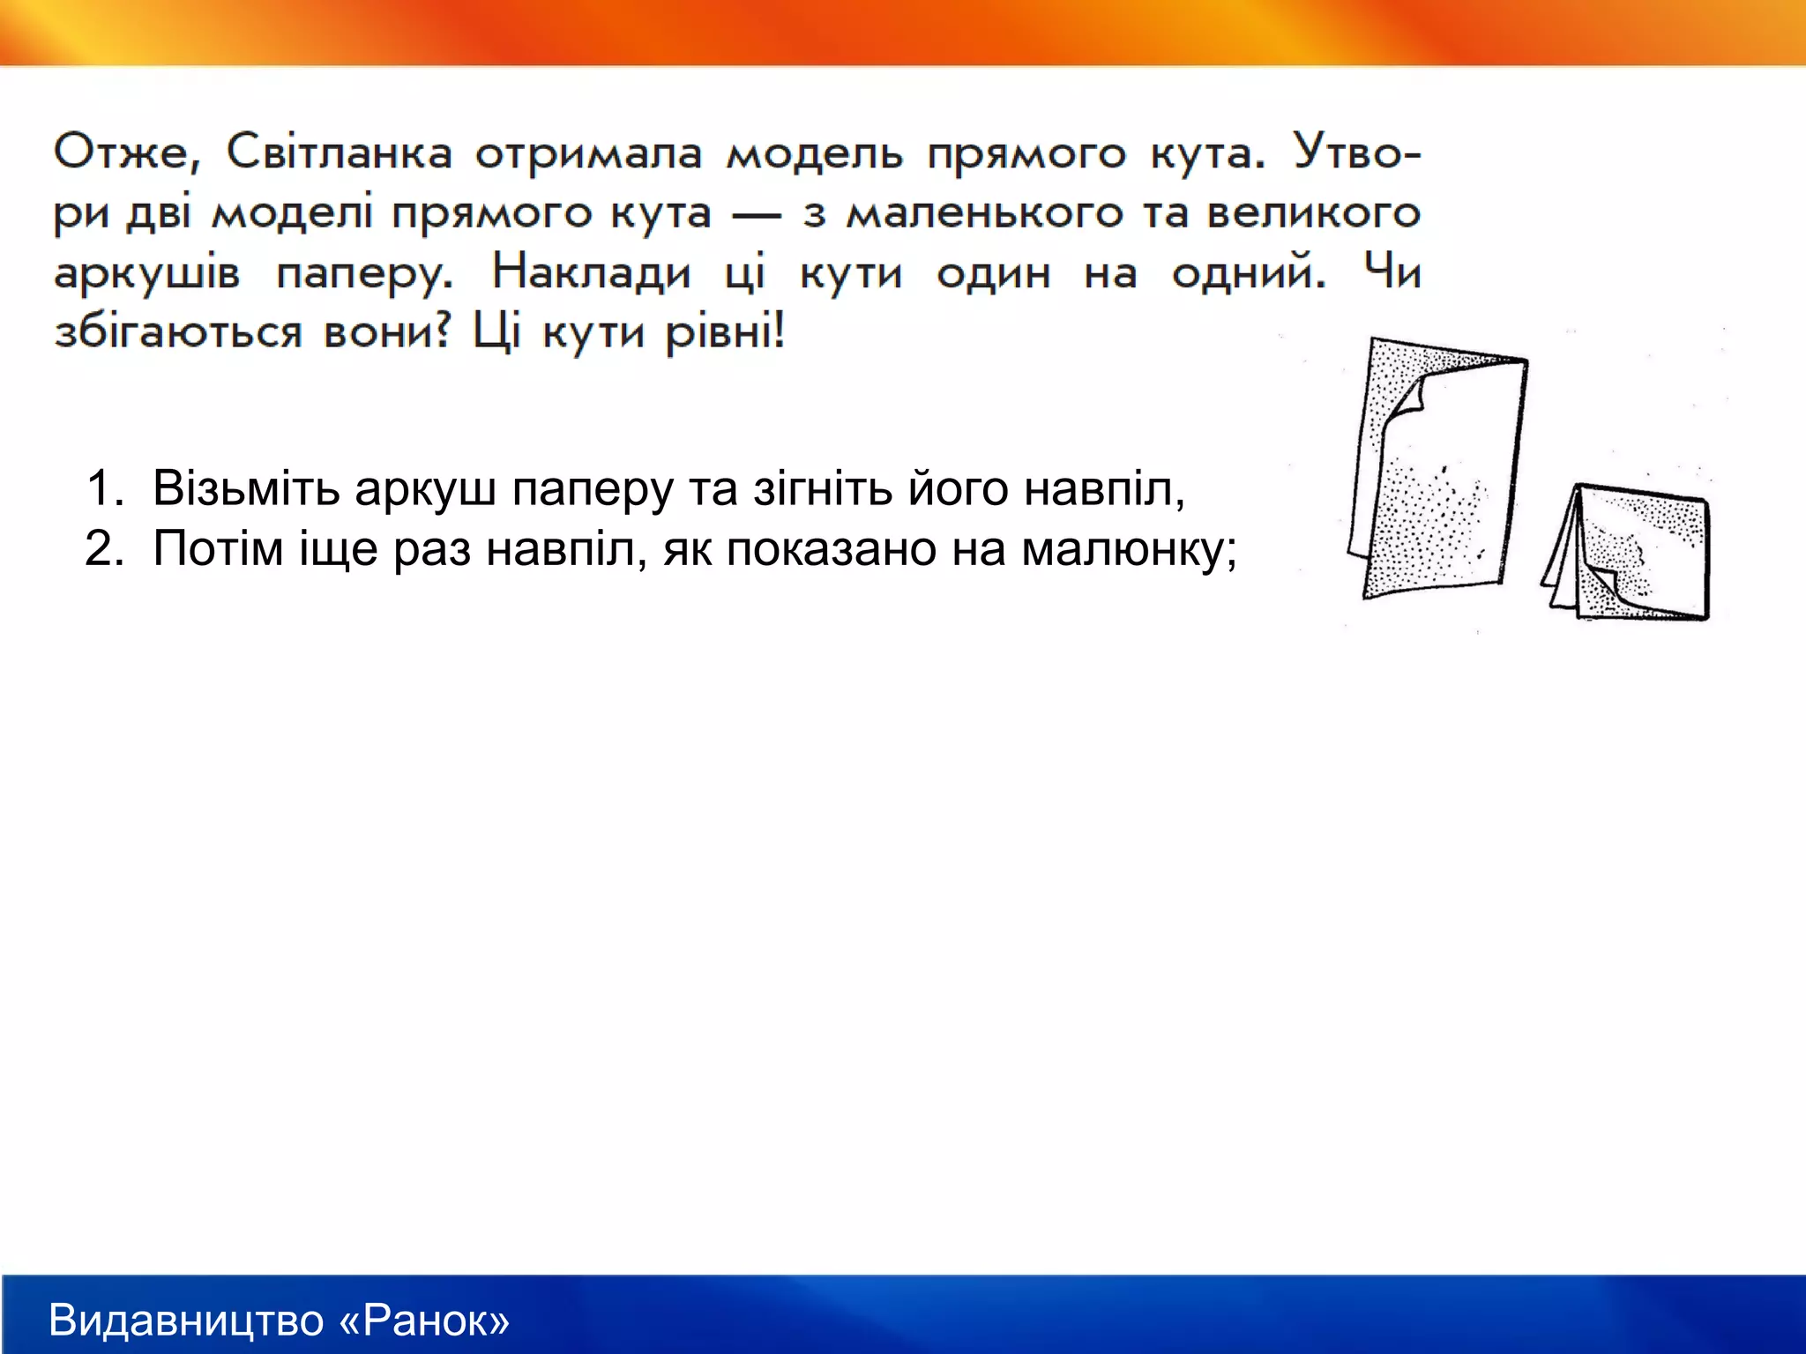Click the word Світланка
340,153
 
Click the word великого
1313,214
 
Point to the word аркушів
146,274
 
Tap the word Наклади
591,272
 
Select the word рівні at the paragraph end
723,333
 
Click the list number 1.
103,487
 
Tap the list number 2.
103,548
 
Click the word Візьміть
246,487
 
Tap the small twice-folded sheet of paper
1640,555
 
